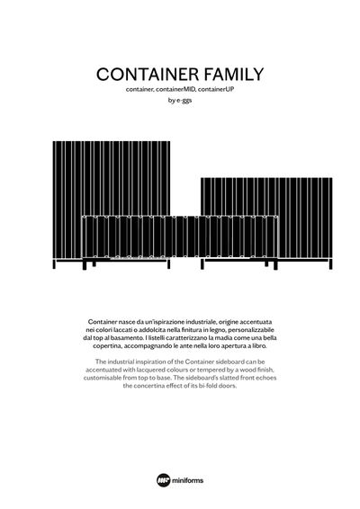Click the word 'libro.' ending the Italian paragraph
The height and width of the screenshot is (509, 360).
pos(268,346)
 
